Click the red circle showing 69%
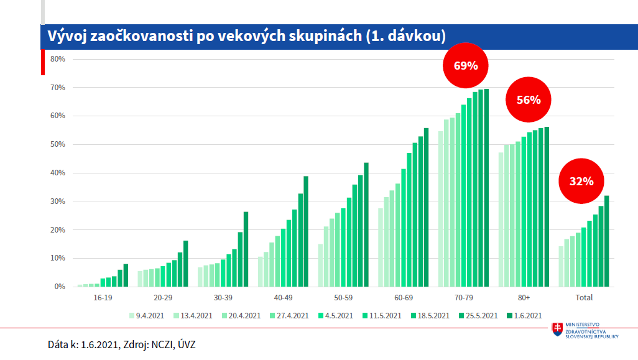pos(465,65)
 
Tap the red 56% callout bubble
pos(528,99)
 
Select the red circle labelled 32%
pos(581,182)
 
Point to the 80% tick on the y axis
pos(58,59)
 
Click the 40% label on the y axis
pos(58,173)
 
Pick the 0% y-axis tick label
pos(60,287)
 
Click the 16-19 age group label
pos(103,298)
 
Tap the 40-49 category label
pos(283,298)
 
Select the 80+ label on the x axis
pos(523,298)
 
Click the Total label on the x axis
pos(584,298)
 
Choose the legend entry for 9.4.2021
pos(149,316)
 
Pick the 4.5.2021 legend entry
pos(337,316)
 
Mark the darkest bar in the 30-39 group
pos(246,249)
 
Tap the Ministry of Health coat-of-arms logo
pos(558,331)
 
